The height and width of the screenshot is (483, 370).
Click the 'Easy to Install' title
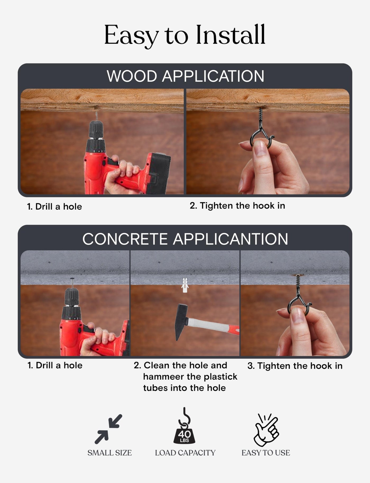tap(185, 35)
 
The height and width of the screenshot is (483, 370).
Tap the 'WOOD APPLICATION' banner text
tap(185, 76)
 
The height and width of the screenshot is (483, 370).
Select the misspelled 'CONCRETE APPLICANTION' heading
tap(185, 239)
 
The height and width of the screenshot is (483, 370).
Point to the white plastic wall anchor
tap(185, 285)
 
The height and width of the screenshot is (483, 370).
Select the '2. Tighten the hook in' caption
tap(237, 206)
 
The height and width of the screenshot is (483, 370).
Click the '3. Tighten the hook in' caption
tap(295, 366)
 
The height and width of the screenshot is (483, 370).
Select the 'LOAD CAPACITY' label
tap(185, 453)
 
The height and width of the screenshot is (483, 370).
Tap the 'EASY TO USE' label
tap(266, 453)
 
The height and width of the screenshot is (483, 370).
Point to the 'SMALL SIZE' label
tap(110, 453)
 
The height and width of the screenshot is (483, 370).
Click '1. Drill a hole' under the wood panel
tap(54, 207)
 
